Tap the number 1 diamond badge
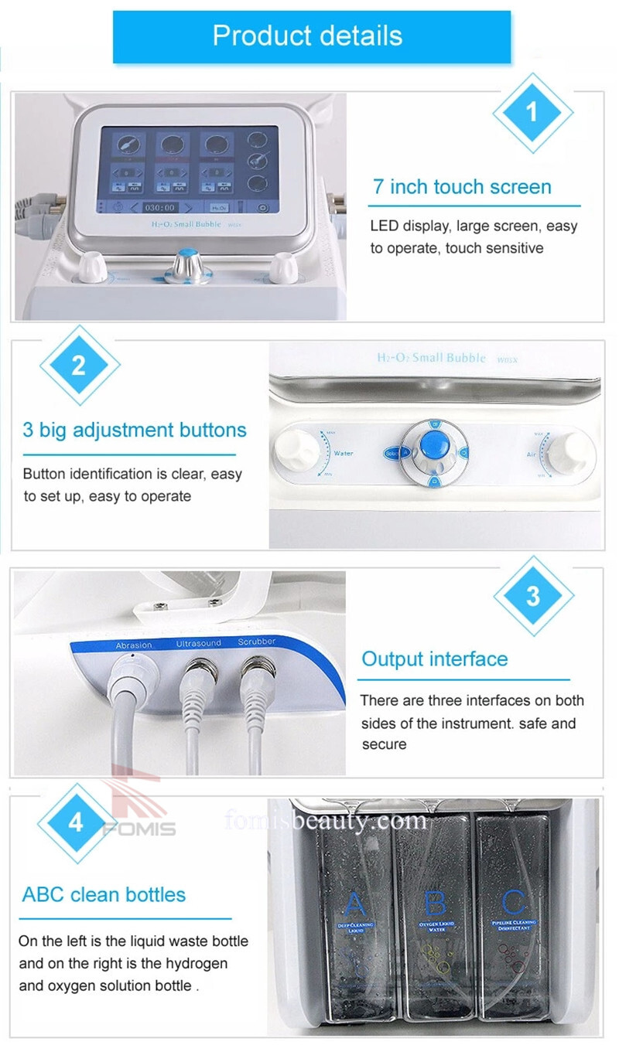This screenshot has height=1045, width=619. pos(532,113)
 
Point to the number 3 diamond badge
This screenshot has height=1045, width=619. pos(533,596)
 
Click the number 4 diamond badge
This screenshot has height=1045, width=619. pos(77,822)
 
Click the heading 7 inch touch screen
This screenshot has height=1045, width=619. pos(462,187)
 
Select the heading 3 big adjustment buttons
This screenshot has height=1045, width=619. pos(135,431)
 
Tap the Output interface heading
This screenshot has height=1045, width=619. pos(435,659)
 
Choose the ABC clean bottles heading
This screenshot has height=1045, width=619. pos(104,895)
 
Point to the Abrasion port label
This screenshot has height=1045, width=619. pos(134,644)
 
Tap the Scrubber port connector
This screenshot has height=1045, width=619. pos(257,669)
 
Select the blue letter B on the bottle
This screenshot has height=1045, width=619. pos(436,903)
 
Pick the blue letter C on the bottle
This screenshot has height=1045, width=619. pos(514,903)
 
